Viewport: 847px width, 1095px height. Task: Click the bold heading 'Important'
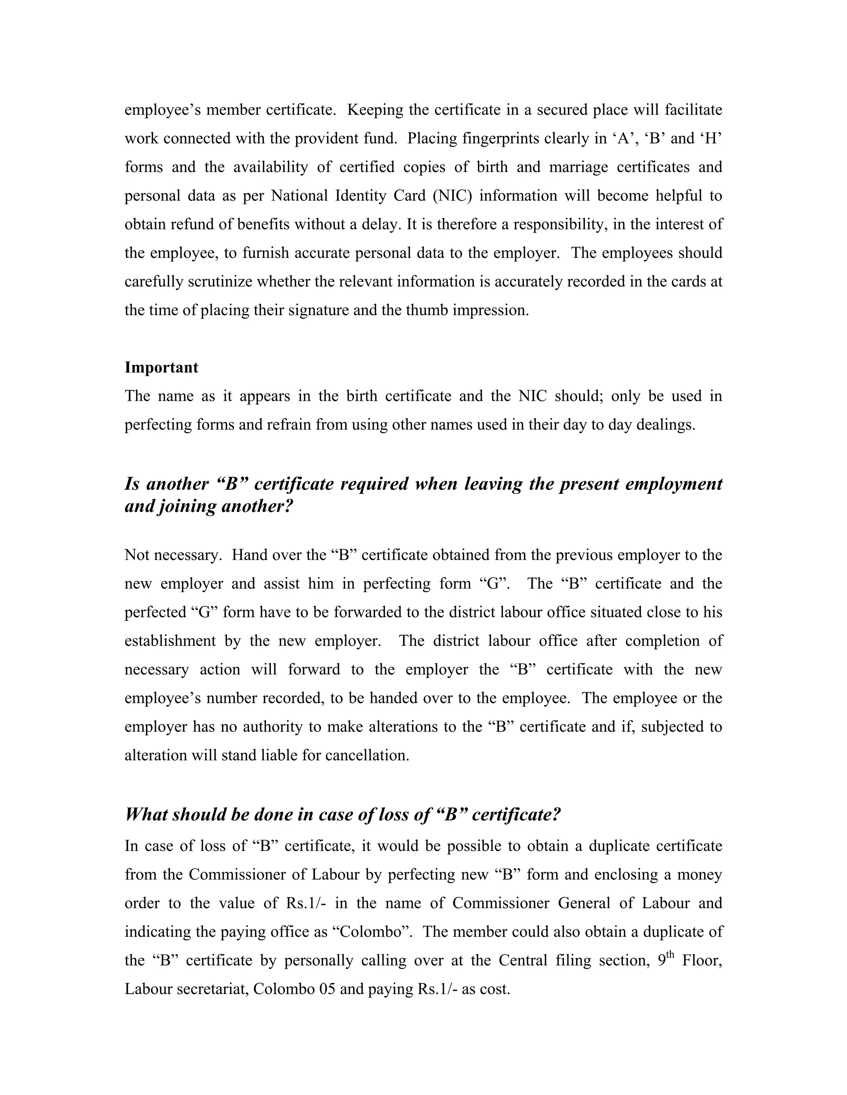[161, 367]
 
